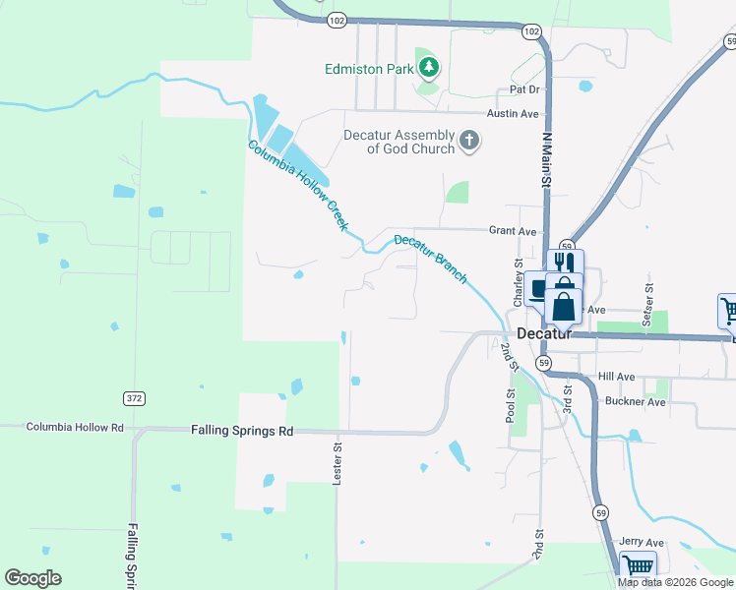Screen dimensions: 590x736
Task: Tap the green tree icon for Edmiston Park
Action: pos(428,68)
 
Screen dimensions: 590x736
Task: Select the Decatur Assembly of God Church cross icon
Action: pos(469,141)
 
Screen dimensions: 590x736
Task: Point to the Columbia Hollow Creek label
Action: pos(297,185)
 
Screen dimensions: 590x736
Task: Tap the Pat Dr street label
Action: pos(525,89)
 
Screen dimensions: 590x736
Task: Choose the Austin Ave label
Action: pos(514,114)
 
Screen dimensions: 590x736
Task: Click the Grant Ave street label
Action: pos(513,231)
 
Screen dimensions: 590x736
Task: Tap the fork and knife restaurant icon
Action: pos(564,264)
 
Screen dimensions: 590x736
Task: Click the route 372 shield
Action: pos(134,398)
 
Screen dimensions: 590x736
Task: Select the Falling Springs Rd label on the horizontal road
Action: pos(242,431)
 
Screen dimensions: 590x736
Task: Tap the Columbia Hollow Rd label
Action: pos(75,427)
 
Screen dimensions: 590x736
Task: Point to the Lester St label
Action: pos(337,460)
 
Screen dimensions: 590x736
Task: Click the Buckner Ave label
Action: pos(636,402)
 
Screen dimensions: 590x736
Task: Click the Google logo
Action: pos(32,578)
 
